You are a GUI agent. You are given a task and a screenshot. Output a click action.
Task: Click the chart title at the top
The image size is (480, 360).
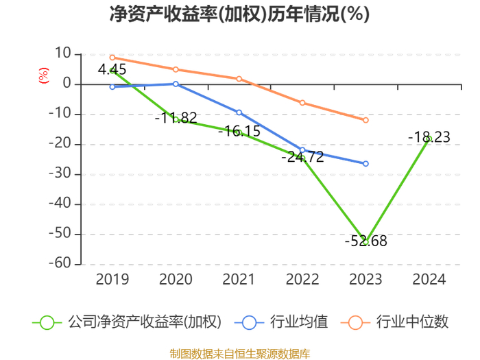pos(240,14)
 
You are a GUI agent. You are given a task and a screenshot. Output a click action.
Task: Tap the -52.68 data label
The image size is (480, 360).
pos(365,241)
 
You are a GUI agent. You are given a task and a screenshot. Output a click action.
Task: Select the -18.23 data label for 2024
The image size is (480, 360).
pos(429,137)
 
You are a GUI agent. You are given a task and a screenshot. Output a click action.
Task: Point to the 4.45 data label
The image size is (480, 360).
pos(112,69)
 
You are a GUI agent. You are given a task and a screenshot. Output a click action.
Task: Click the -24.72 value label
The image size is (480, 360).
pos(302,157)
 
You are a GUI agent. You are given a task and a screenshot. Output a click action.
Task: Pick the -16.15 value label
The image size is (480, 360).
pos(239,131)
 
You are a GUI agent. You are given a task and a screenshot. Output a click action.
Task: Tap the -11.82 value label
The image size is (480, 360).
pos(176,117)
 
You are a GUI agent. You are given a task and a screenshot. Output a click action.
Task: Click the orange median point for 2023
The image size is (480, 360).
pos(365,120)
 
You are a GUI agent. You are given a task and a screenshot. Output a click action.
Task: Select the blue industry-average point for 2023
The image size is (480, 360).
pos(365,164)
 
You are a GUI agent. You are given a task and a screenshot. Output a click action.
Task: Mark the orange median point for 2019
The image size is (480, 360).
pos(112,58)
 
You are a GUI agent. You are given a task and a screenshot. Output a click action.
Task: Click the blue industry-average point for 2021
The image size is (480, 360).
pos(239,112)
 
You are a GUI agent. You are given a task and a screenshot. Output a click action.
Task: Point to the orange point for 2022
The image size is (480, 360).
pos(302,103)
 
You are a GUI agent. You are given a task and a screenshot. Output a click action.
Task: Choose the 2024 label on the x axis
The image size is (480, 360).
pos(429,279)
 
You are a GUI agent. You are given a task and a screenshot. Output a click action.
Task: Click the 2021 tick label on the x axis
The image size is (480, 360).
pos(239,279)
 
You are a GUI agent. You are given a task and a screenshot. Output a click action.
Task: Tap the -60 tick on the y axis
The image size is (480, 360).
pos(60,263)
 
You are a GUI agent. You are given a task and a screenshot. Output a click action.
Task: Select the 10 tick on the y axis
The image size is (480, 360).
pos(63,53)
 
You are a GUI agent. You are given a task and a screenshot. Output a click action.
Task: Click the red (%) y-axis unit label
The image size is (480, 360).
pos(43,75)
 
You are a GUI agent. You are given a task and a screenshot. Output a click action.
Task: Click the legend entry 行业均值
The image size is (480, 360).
pos(281,322)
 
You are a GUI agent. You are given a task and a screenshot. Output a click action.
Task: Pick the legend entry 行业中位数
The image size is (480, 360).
pos(395,322)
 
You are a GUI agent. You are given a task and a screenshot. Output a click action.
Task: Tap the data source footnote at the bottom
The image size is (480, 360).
pos(240,354)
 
